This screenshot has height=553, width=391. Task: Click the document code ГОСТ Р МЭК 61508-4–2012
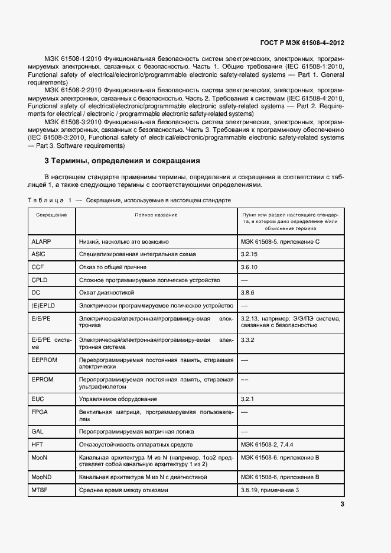(x=302, y=43)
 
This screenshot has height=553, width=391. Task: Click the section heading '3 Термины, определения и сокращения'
(x=122, y=161)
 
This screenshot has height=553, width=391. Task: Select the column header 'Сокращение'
(x=51, y=215)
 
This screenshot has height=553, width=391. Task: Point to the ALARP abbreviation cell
(x=42, y=242)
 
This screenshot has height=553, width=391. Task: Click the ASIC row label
(x=38, y=254)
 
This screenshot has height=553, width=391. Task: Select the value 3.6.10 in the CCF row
(x=250, y=267)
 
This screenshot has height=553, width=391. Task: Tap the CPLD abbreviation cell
(x=40, y=280)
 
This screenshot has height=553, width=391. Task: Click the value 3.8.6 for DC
(x=247, y=293)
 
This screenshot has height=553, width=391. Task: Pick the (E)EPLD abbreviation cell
(x=43, y=306)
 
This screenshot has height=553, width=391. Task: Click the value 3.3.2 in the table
(x=247, y=340)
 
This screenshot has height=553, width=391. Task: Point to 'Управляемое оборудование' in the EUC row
(x=118, y=399)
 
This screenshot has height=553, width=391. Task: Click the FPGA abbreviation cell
(x=40, y=412)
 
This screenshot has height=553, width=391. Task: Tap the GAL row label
(x=37, y=431)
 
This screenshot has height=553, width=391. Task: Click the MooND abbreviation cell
(x=41, y=476)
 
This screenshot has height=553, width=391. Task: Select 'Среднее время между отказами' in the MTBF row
(x=123, y=490)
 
